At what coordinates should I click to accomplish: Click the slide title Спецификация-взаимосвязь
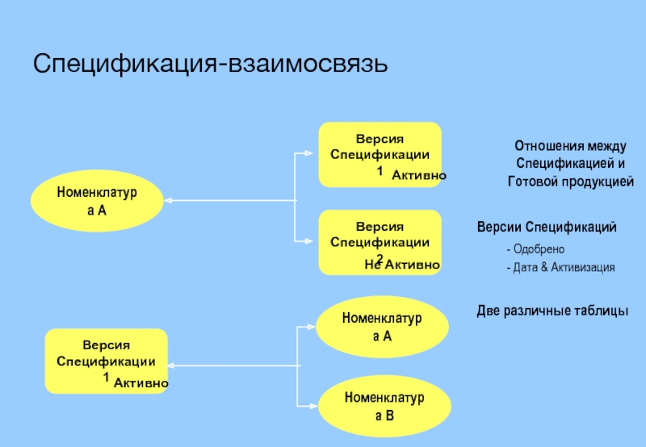(x=211, y=63)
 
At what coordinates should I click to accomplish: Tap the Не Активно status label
(x=401, y=265)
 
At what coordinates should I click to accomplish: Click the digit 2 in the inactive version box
(x=379, y=257)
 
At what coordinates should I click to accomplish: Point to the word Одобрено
(x=538, y=249)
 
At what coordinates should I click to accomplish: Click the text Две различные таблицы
(x=552, y=311)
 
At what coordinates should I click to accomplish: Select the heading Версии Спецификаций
(x=547, y=228)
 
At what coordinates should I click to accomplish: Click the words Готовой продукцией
(x=571, y=182)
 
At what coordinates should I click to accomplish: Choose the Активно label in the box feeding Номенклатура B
(x=141, y=383)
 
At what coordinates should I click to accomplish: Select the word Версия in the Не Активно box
(x=380, y=227)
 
